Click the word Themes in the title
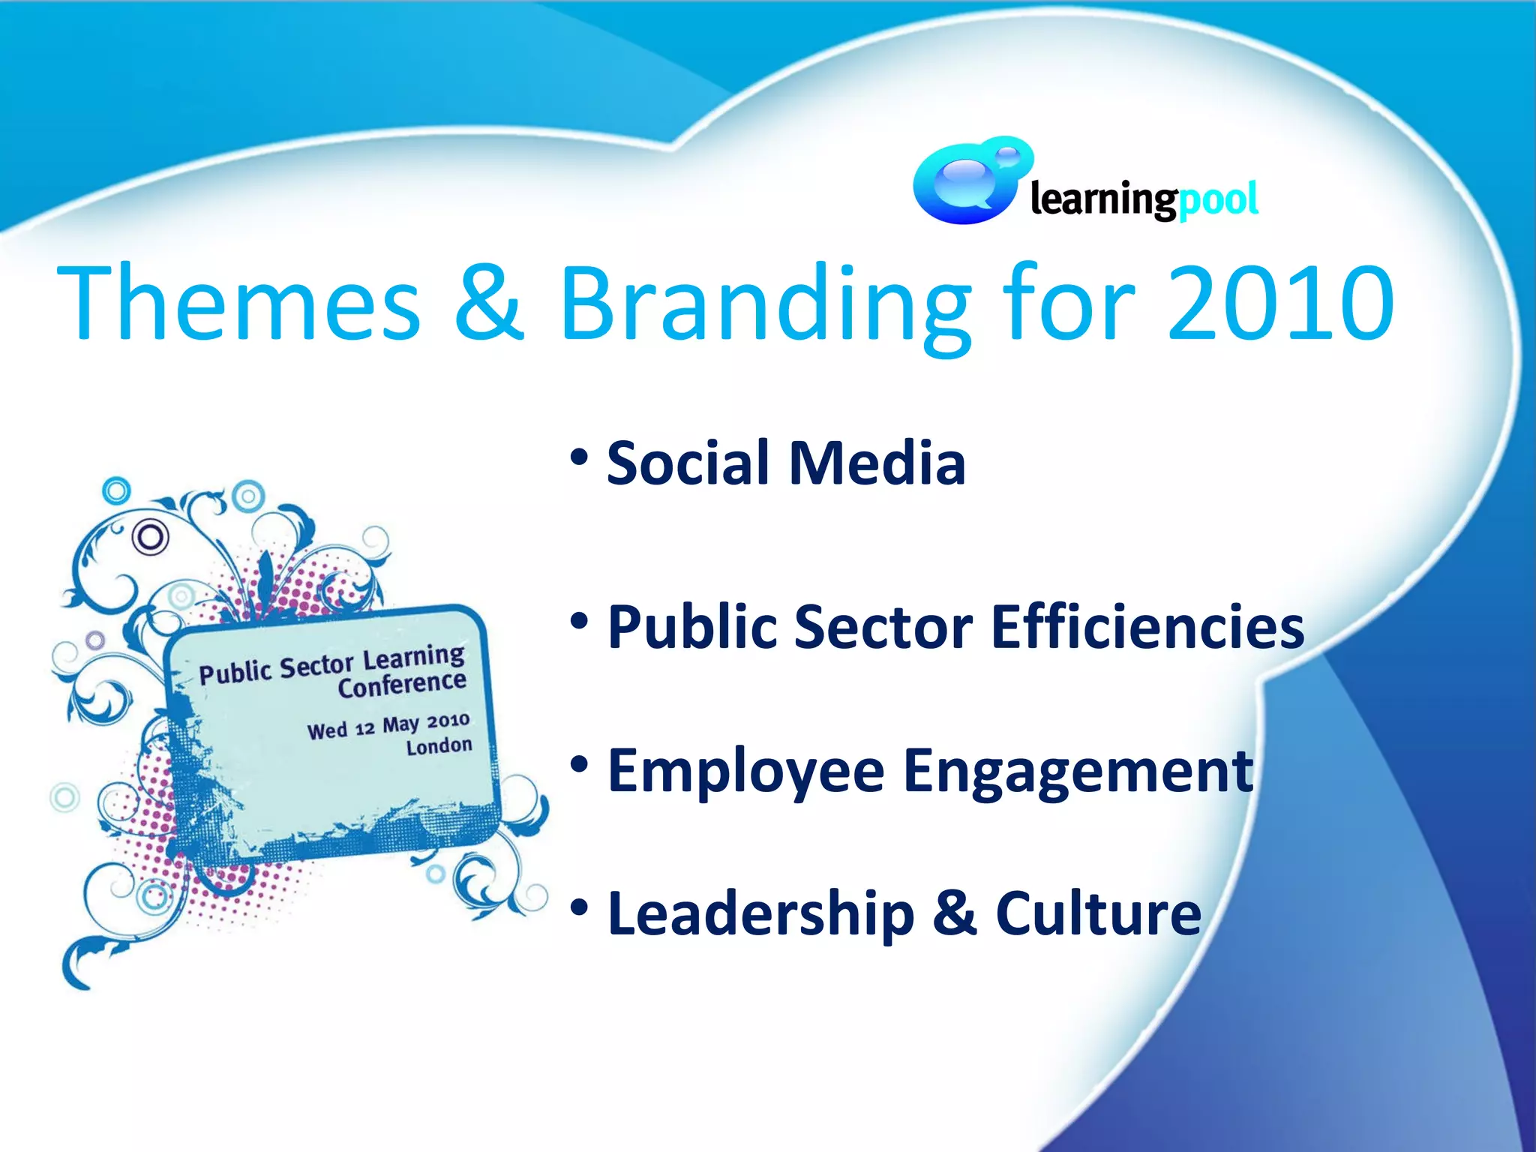coord(238,304)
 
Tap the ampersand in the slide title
coord(488,304)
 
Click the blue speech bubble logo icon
coord(968,182)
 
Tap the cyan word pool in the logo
coord(1218,201)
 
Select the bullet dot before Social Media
coord(579,457)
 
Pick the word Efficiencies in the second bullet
coord(1147,627)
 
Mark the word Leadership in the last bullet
coord(761,914)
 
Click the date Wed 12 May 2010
coord(388,725)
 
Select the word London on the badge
coord(439,746)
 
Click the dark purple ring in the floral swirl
coord(150,537)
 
